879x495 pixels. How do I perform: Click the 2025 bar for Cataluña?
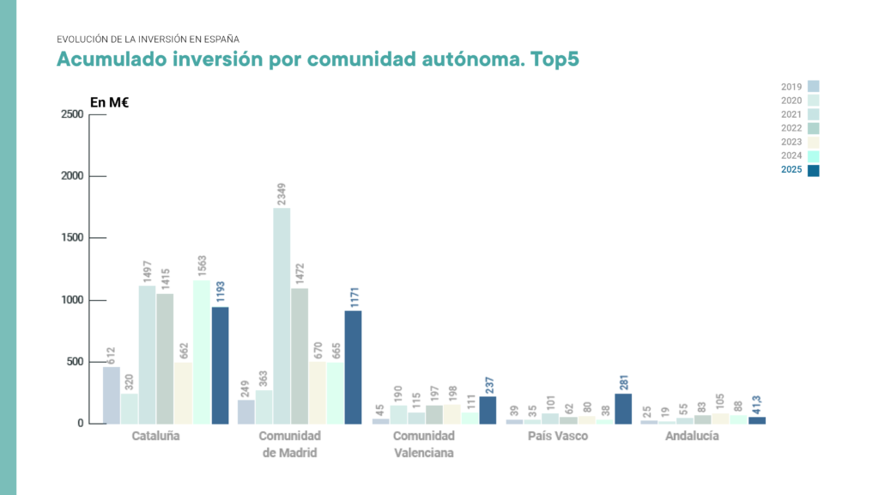tap(220, 365)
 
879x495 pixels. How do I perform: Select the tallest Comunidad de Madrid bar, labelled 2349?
tap(282, 315)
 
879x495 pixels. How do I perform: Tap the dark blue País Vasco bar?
tap(622, 408)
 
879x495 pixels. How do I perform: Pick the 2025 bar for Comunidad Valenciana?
tap(488, 410)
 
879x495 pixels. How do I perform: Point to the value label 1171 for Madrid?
tap(353, 293)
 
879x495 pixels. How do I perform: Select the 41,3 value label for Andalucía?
tap(757, 401)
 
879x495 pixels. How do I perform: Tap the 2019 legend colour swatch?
tap(814, 86)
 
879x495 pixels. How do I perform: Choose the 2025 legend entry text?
tap(791, 170)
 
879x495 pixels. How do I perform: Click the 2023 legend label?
tap(791, 142)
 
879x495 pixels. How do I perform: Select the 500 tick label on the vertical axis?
tap(75, 362)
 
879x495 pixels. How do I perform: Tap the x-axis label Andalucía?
tap(692, 437)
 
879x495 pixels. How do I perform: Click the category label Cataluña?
tap(155, 437)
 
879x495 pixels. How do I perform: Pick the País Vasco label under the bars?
tap(558, 437)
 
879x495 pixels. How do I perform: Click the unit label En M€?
tap(109, 102)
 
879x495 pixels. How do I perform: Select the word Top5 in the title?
tap(555, 60)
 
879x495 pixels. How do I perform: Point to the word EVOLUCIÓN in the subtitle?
tap(82, 40)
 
